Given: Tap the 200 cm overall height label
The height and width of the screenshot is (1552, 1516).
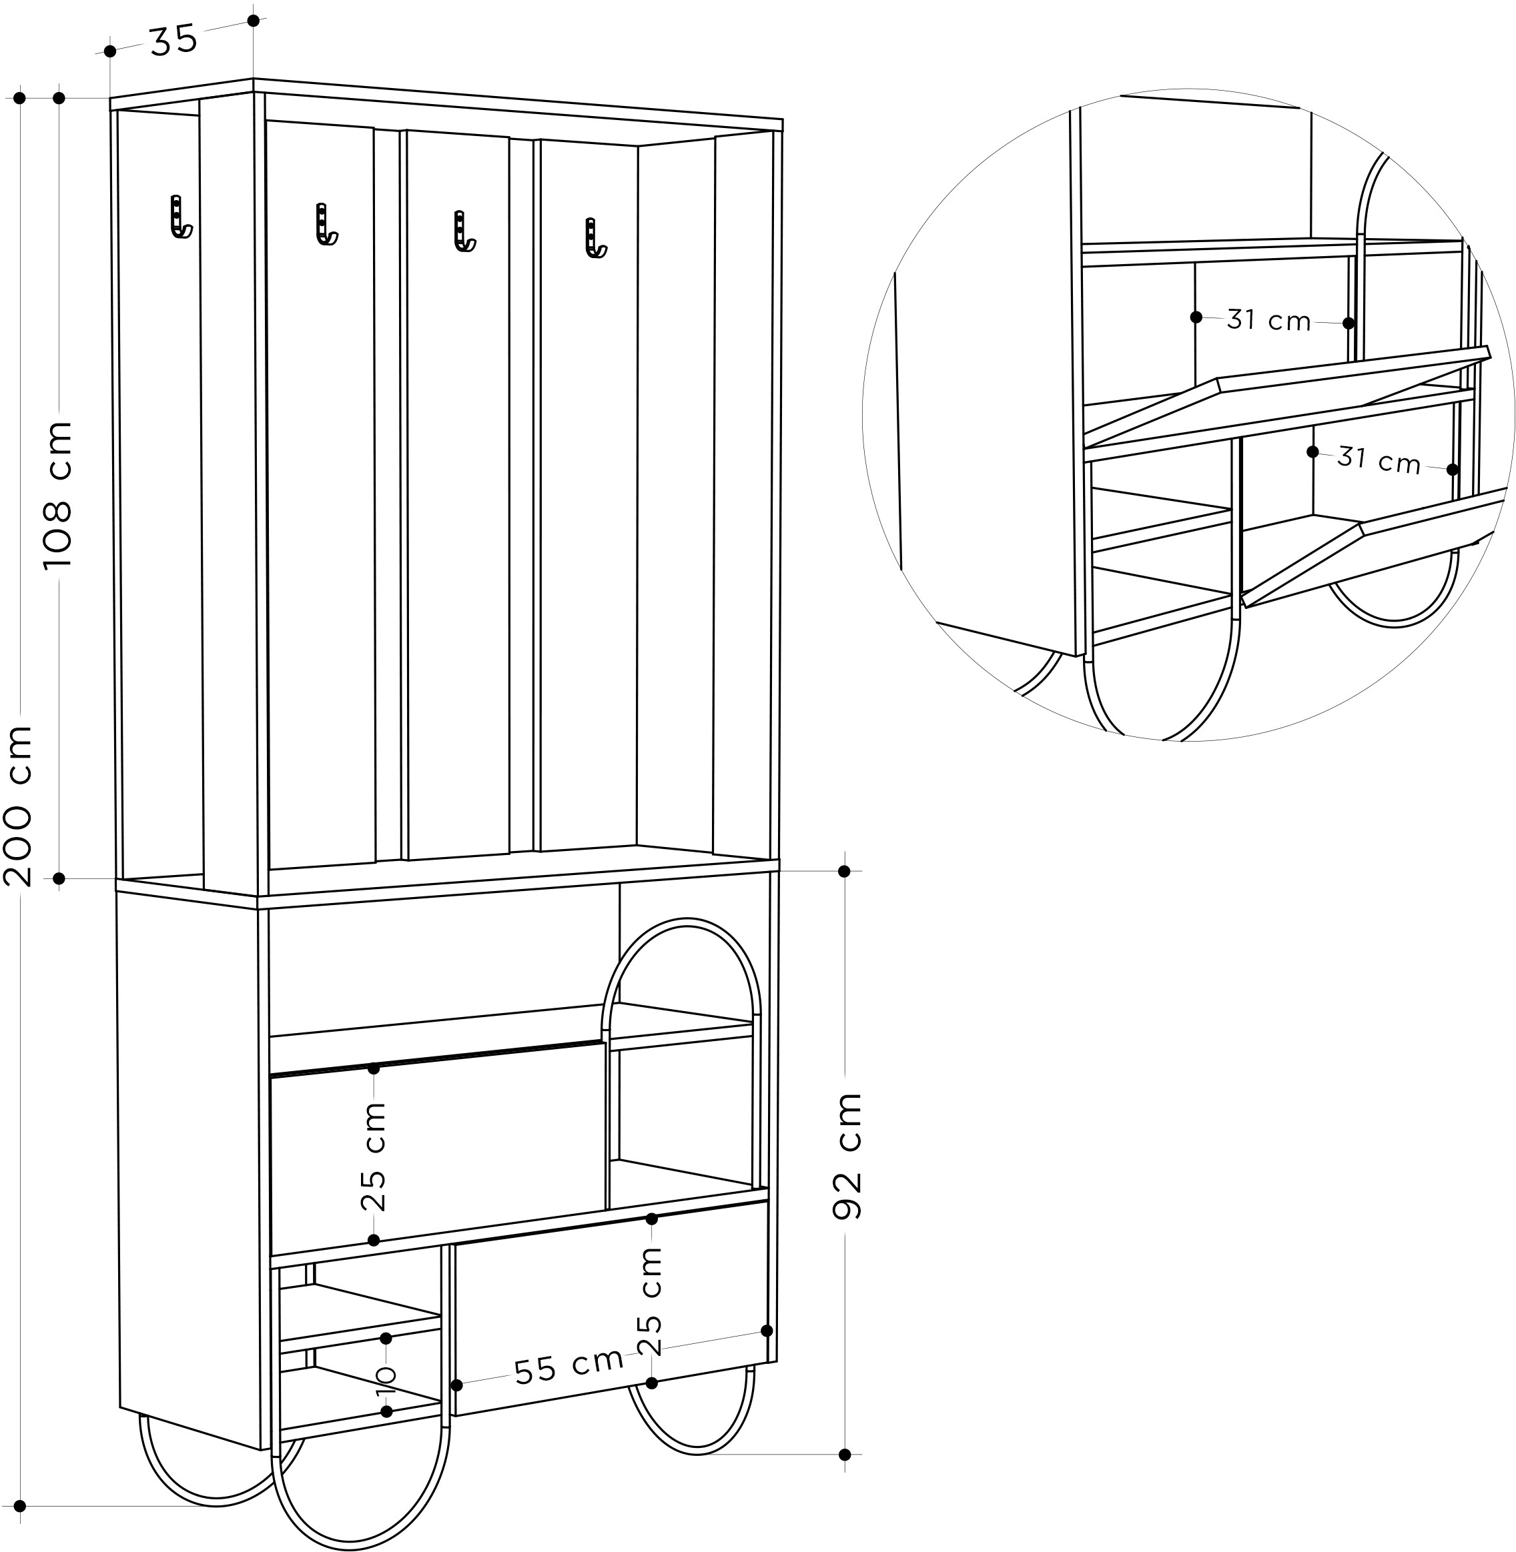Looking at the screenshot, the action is [17, 806].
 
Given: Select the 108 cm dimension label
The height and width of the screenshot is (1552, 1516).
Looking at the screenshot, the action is [58, 495].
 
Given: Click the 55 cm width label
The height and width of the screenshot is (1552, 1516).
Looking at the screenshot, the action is [568, 1367].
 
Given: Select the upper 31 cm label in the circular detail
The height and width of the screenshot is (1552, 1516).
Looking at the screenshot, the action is [1268, 320].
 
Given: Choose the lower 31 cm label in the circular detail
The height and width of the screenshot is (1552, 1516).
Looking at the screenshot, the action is [1379, 460].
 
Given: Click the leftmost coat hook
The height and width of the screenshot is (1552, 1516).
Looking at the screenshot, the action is [181, 217].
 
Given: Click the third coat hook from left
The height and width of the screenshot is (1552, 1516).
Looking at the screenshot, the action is [463, 231].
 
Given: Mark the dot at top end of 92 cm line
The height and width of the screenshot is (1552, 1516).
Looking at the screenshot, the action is [845, 872].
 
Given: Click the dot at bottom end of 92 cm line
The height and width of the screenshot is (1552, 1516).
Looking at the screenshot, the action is [845, 1455].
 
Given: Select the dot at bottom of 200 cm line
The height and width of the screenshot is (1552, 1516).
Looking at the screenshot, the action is [20, 1507].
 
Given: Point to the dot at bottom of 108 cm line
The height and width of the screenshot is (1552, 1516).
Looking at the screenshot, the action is [59, 878].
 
